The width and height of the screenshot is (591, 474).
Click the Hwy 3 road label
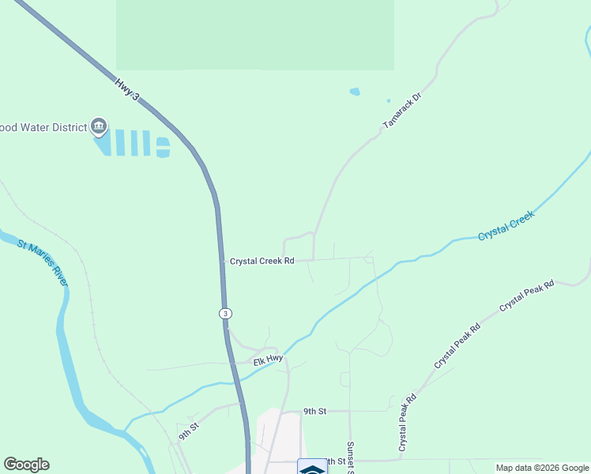tap(126, 88)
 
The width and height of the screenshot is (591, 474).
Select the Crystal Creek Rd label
tap(262, 261)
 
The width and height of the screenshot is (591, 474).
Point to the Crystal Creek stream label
tap(506, 226)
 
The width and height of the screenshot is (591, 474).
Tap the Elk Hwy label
tap(268, 359)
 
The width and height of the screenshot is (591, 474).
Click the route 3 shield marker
tap(226, 313)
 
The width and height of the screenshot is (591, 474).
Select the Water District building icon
tap(99, 126)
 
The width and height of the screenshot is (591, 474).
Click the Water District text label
tap(43, 126)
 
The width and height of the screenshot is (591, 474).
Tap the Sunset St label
tap(350, 457)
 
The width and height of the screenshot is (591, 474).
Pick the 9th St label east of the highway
tap(315, 411)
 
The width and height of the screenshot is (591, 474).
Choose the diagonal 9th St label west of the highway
tap(187, 430)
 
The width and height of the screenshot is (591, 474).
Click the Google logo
tap(26, 465)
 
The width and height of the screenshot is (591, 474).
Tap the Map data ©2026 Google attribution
tap(542, 468)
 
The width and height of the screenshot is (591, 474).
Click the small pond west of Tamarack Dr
tap(355, 92)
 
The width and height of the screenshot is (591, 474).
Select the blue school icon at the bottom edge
tap(312, 468)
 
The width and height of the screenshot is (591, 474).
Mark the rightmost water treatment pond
tap(162, 146)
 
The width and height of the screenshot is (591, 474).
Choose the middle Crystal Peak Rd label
tap(457, 346)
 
